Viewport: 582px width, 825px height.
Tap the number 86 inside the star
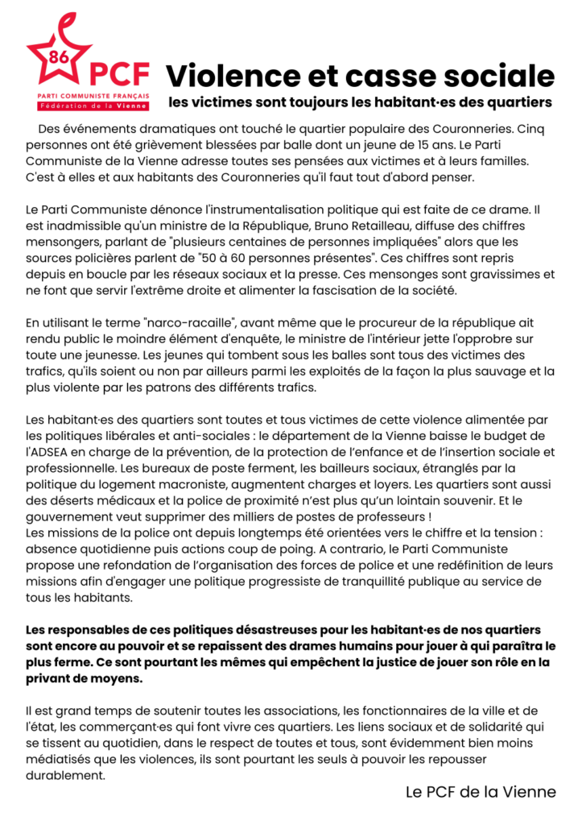click(58, 56)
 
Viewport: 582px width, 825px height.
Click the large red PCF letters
click(119, 74)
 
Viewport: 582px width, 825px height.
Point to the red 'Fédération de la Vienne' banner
click(89, 106)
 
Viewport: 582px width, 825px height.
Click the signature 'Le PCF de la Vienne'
click(481, 792)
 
